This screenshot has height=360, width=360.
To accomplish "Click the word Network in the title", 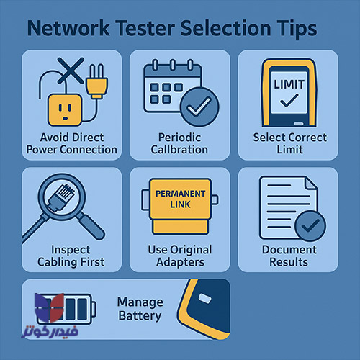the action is point(68,29).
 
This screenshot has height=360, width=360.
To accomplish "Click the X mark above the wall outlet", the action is point(71,71).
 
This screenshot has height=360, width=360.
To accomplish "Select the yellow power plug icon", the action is point(96,81).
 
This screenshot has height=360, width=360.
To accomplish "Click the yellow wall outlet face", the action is point(65,110).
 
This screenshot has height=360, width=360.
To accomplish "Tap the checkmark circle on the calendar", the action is point(199,107).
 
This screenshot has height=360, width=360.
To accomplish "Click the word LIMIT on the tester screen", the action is point(289,84).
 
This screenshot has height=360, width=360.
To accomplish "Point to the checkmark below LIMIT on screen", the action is point(289,100).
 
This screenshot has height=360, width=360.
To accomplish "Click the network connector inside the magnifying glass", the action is point(61,197).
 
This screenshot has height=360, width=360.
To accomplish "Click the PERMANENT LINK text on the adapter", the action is point(180,199).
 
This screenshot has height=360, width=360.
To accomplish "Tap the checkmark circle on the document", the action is point(310,226).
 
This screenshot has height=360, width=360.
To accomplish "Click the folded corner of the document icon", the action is point(312,185).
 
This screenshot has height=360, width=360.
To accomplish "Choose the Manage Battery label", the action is point(140,309).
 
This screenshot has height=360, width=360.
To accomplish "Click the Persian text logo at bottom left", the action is point(50,332).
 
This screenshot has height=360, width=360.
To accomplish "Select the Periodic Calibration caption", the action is point(179,143).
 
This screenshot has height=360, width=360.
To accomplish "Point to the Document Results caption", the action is point(289,256).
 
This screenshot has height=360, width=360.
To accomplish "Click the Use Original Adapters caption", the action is point(180,256).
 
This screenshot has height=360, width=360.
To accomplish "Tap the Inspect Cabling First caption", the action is point(71,256).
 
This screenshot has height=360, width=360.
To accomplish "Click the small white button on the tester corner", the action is point(205,298).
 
